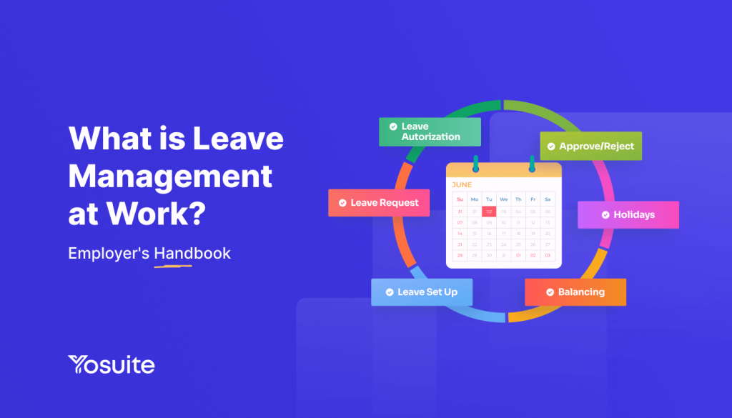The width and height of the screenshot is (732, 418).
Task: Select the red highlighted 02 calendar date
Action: point(489,212)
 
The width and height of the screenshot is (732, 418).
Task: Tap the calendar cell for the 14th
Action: point(460,233)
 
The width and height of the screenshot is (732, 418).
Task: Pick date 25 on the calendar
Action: point(518,244)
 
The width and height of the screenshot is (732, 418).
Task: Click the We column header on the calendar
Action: point(504,199)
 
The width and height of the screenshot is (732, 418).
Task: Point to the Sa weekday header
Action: point(548,199)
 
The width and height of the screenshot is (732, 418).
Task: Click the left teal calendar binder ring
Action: point(475,165)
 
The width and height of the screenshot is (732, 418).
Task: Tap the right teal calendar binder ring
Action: point(532,165)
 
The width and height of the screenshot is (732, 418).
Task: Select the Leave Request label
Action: point(379,203)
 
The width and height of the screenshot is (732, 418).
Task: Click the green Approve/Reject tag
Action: point(590,146)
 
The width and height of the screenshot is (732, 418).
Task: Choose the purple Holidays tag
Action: point(628,214)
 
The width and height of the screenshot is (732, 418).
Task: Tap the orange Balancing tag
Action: point(575,292)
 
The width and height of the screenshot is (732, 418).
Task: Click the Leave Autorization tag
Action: point(430,131)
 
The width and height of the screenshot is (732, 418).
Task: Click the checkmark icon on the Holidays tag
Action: point(605,214)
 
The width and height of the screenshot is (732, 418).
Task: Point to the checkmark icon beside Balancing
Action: point(550,292)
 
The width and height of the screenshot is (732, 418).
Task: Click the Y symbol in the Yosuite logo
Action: point(79,365)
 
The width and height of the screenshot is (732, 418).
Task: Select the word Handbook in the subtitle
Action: point(192,253)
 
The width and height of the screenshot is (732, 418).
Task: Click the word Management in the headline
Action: point(170,176)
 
